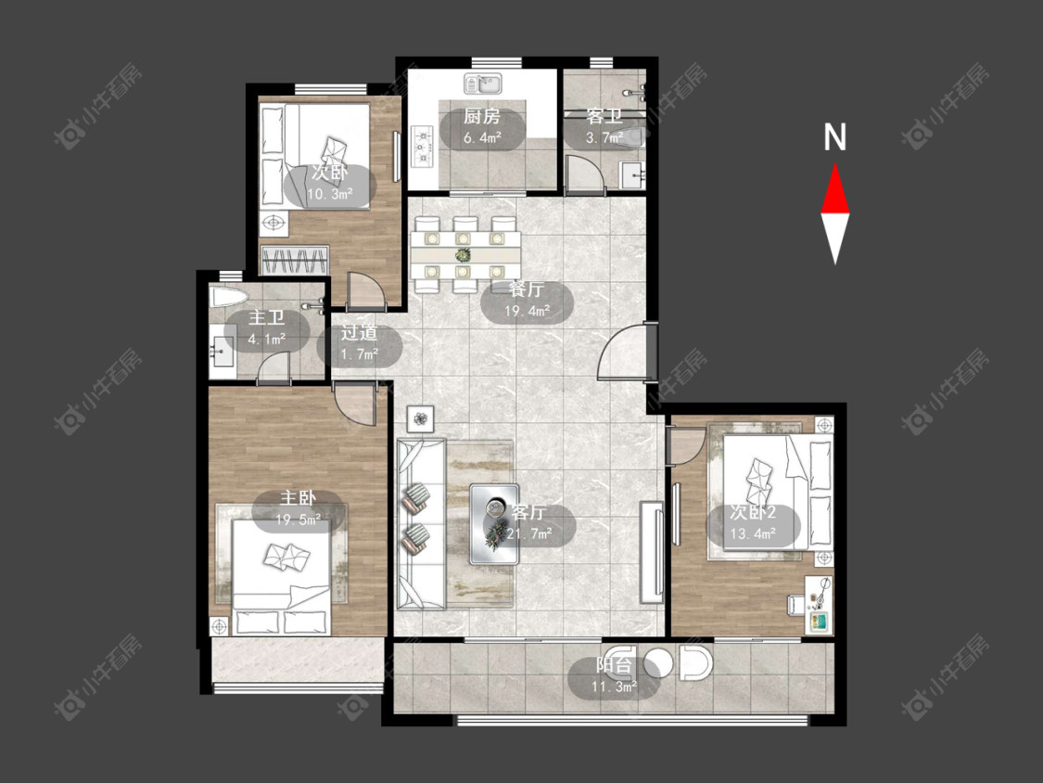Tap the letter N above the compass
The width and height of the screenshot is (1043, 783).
(834, 137)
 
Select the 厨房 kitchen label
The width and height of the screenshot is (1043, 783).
(481, 117)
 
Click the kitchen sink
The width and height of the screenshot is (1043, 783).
(483, 83)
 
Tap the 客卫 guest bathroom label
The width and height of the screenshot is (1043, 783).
(604, 117)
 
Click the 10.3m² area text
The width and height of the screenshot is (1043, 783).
(329, 195)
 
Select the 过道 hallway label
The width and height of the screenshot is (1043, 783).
(359, 332)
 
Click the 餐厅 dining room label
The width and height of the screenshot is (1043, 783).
(527, 289)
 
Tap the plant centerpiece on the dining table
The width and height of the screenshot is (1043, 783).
(463, 253)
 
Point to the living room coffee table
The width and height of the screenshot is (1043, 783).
(494, 524)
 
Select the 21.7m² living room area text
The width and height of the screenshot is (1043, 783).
(529, 533)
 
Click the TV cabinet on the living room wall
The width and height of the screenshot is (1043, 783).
(652, 553)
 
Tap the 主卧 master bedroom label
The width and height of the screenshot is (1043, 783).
(298, 498)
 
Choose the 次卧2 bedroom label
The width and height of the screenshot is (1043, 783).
(752, 512)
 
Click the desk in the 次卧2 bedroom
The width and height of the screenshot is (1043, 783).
(819, 605)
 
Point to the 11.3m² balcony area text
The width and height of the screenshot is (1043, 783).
(614, 687)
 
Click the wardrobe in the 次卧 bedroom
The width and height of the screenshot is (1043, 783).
(295, 260)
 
